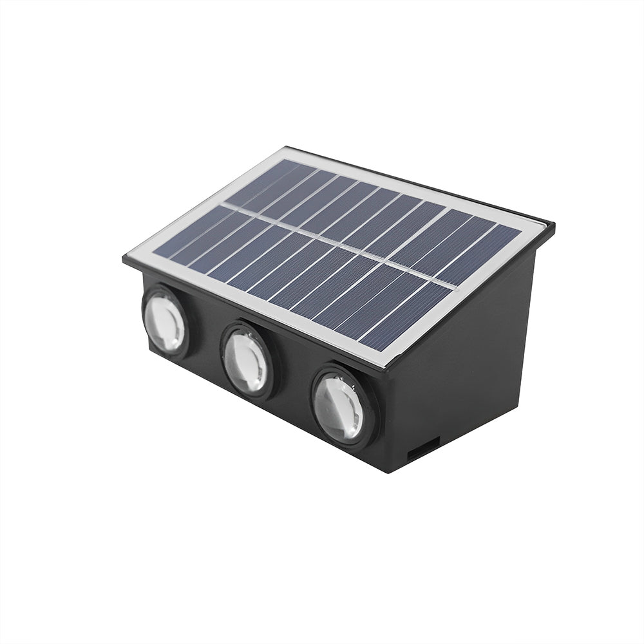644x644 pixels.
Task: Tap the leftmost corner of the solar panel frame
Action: tap(124, 260)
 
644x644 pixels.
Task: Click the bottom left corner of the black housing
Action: tap(151, 351)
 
